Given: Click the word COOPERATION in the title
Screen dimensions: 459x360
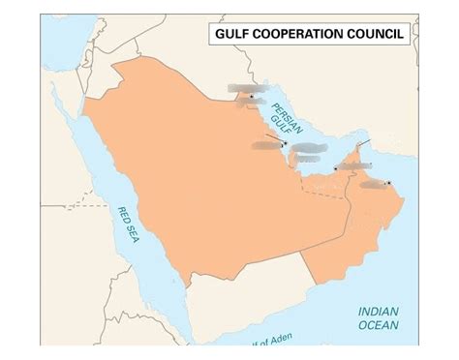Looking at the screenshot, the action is pos(309,36).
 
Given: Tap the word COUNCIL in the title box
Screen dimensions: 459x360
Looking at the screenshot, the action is pos(382,36).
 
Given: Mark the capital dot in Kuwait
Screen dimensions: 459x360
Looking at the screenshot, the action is pos(252,96).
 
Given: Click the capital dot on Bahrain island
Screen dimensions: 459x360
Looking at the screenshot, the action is pos(285,144).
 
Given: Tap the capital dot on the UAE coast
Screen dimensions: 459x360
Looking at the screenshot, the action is pos(336,169).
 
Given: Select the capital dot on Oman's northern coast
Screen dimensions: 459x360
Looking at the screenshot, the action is pos(387,182).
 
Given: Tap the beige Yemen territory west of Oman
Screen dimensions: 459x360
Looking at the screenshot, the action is pos(252,290).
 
